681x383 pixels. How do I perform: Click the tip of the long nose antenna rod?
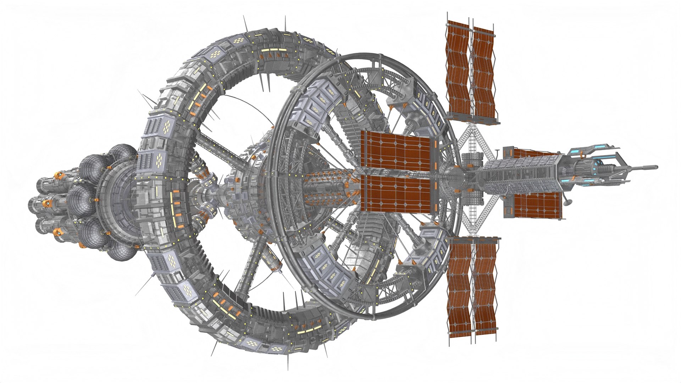[x=656, y=167]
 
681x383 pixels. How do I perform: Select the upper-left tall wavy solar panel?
[x=458, y=67]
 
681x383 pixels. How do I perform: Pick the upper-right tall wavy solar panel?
[x=483, y=73]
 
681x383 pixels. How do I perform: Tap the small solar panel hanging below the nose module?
[x=537, y=206]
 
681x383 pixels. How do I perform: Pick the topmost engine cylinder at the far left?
[x=53, y=184]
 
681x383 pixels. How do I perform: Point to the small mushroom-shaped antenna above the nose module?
[x=497, y=152]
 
